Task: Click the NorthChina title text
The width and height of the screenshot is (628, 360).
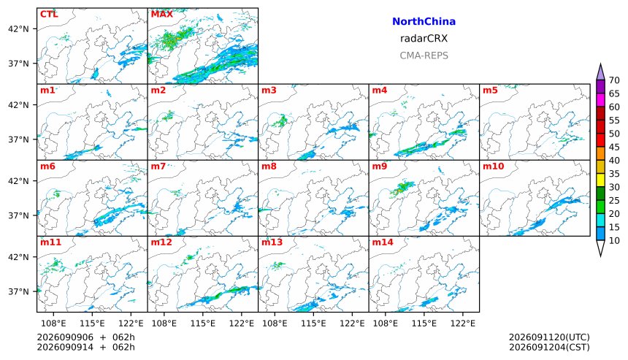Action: [424, 22]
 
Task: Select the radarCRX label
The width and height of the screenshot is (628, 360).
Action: [424, 39]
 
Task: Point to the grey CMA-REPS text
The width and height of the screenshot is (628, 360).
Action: [424, 55]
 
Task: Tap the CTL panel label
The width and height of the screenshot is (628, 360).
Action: [49, 15]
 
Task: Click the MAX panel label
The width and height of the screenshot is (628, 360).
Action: [162, 15]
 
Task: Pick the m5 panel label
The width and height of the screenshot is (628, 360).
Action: [490, 91]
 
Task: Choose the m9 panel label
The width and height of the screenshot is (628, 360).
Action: [380, 166]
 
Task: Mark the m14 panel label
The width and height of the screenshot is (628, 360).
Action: [383, 242]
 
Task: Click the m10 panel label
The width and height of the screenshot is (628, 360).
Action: [493, 166]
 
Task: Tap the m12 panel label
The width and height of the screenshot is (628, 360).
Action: [161, 242]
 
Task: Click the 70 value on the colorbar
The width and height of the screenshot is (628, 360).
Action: [614, 80]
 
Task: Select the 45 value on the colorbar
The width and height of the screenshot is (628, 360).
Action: [614, 148]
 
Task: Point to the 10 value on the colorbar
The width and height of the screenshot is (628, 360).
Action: [614, 241]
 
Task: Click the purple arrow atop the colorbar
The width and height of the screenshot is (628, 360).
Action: [600, 72]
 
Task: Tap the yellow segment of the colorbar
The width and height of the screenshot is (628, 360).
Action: [600, 180]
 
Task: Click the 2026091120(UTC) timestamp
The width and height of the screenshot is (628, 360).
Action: [549, 337]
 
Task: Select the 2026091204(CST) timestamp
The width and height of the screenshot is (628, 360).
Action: [549, 347]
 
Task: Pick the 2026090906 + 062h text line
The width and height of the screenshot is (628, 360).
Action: [85, 337]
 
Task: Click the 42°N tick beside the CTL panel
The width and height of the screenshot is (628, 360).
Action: [18, 28]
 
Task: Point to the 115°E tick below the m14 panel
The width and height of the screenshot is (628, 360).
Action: [424, 323]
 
